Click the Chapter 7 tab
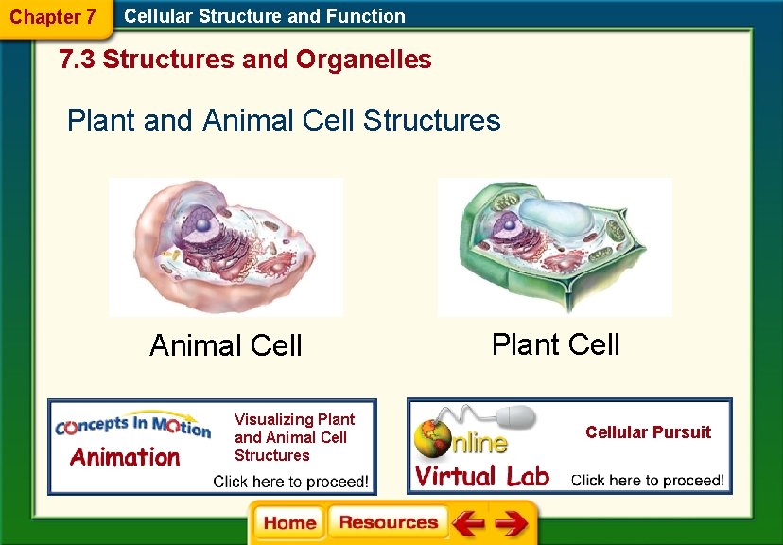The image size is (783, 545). click(52, 17)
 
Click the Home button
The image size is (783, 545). click(289, 523)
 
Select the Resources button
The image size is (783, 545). click(388, 523)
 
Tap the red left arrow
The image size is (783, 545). click(467, 523)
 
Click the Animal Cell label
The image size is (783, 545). click(226, 346)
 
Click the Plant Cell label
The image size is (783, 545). click(555, 344)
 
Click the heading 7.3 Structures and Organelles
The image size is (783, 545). click(245, 60)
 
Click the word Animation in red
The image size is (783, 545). click(125, 458)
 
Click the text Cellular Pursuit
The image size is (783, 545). click(648, 432)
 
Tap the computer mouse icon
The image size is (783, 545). click(515, 417)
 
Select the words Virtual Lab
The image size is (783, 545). click(482, 475)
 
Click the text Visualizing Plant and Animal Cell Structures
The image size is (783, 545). click(294, 437)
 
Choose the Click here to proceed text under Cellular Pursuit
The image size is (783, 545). click(648, 480)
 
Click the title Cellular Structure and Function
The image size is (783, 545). click(265, 16)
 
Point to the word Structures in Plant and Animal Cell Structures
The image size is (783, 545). click(431, 120)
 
